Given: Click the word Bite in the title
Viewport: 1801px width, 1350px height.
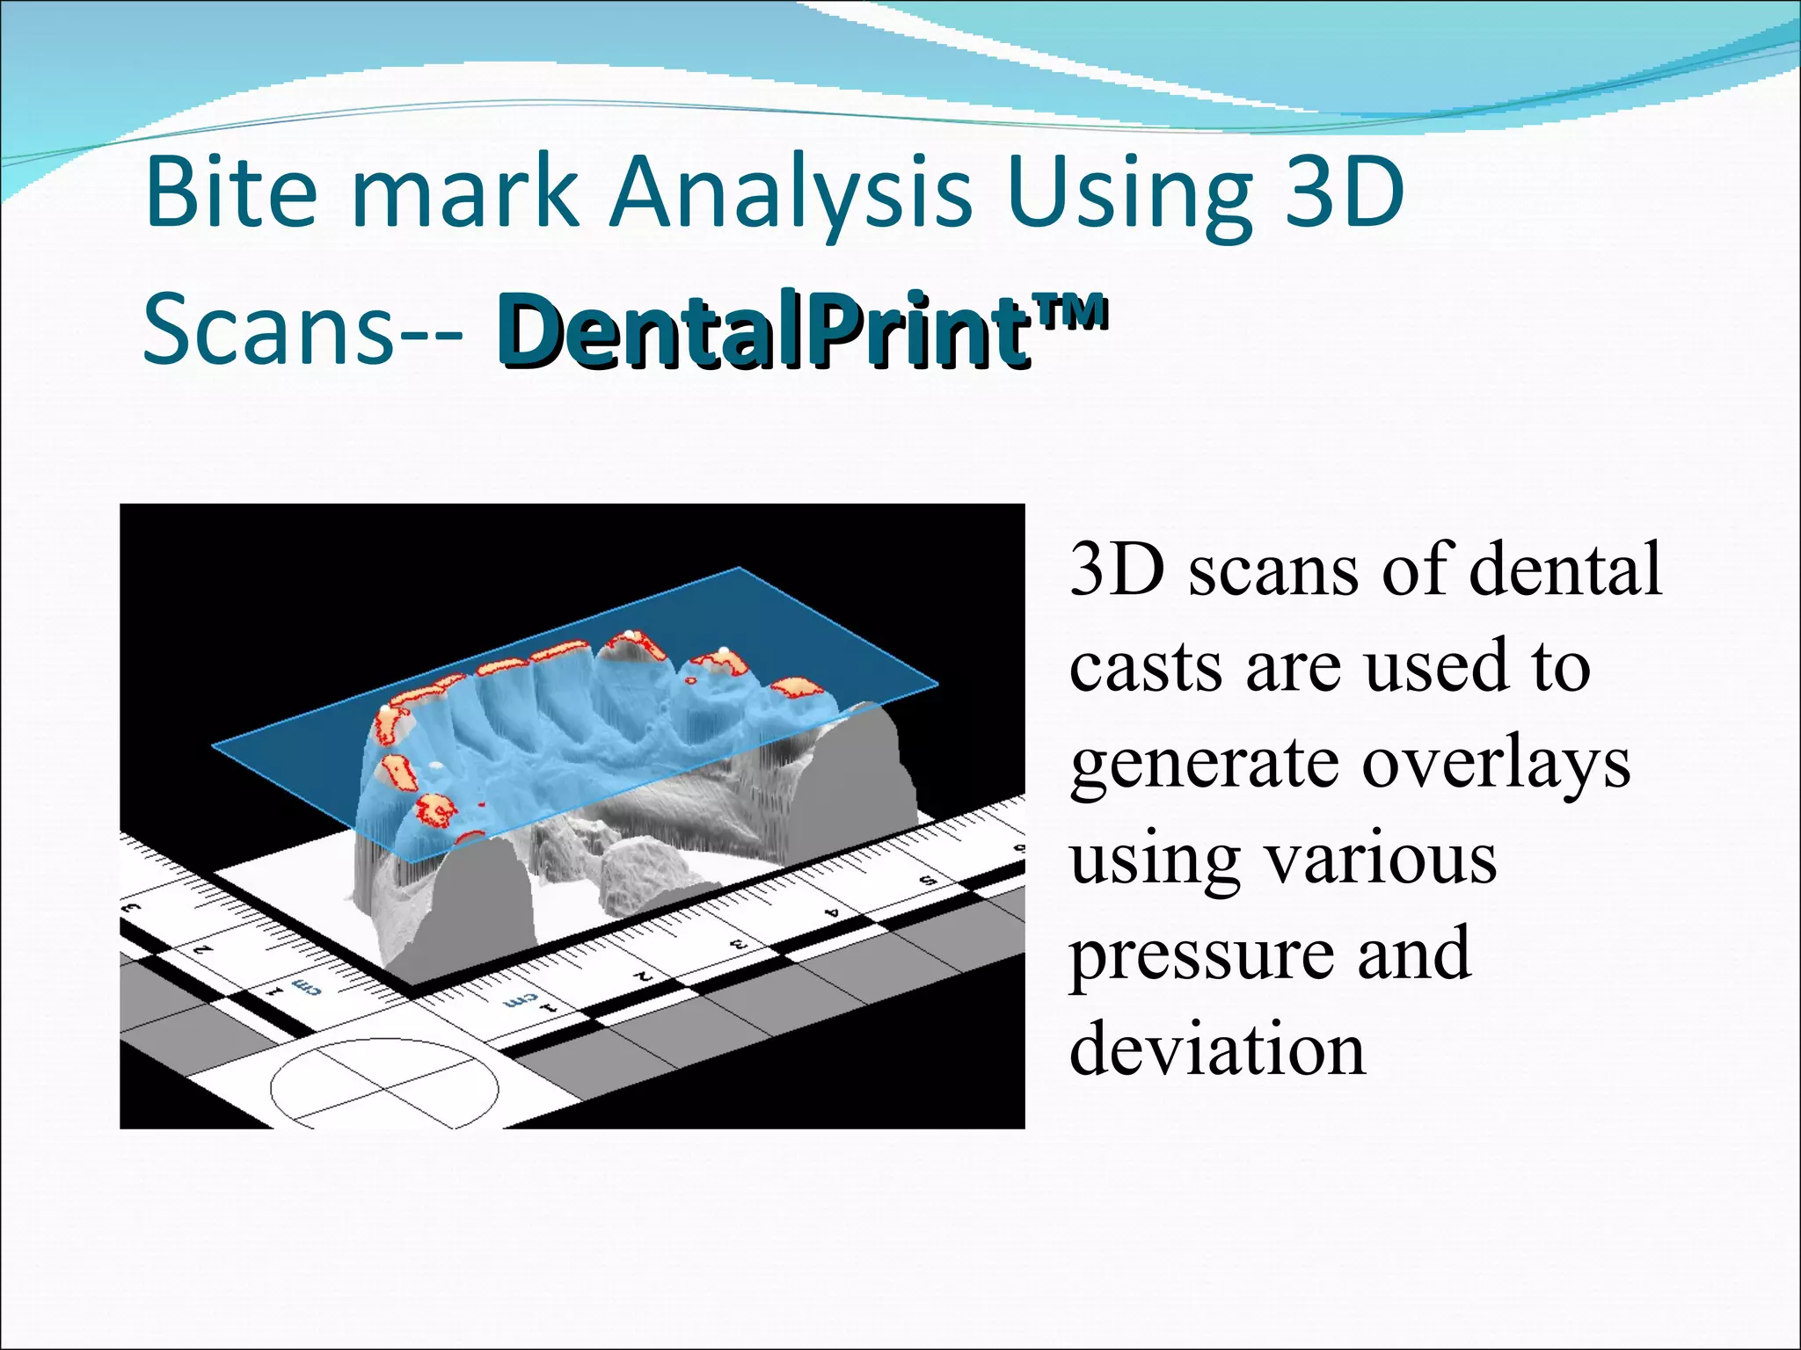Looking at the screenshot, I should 230,192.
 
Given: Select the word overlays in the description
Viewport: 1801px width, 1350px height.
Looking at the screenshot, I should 1496,762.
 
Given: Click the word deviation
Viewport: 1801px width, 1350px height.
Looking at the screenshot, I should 1217,1049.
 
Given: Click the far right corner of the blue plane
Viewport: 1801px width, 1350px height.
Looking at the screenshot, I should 937,682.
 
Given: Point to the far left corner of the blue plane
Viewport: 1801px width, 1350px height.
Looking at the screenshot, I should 213,746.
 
